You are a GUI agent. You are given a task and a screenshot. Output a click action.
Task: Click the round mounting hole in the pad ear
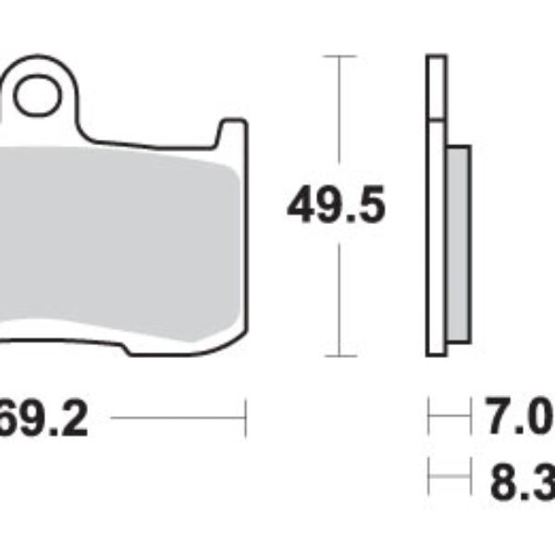pos(35,95)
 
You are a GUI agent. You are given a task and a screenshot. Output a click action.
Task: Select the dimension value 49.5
pos(335,205)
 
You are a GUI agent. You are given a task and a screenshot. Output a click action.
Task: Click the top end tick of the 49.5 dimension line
pos(342,57)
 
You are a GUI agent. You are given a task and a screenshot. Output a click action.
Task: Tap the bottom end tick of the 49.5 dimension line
pos(342,356)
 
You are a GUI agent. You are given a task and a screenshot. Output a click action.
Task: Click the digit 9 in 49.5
pos(327,205)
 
